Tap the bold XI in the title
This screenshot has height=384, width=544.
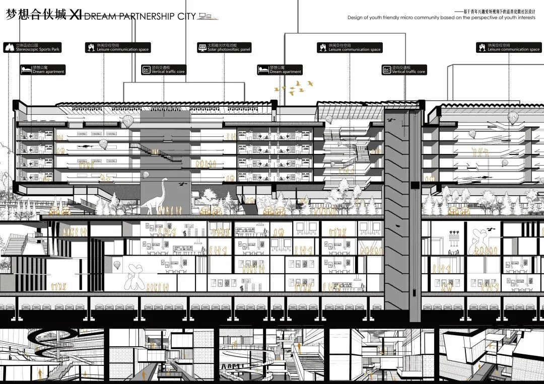click(x=76, y=15)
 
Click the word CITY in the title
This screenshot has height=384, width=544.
click(x=186, y=16)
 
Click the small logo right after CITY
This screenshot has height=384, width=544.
click(x=206, y=17)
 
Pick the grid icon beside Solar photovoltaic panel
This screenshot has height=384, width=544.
click(x=201, y=48)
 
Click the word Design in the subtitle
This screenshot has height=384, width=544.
click(x=354, y=17)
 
